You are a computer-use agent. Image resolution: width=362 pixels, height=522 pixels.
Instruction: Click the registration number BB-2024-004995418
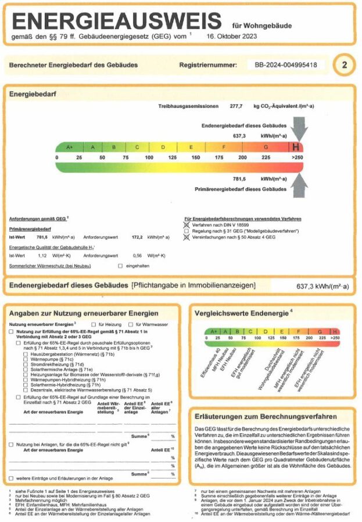pos(286,66)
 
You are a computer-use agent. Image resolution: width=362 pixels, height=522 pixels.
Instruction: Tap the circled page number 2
pos(344,65)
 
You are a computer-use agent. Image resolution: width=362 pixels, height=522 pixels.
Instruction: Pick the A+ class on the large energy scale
pos(70,147)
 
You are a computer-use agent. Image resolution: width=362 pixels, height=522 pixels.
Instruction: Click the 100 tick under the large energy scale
pos(149,158)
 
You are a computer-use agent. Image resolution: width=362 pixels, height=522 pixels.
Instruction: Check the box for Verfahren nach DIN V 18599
pos(187,224)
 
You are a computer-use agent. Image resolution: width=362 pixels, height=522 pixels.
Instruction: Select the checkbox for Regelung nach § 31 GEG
pos(187,231)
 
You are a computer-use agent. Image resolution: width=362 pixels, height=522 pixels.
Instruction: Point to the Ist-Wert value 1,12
pos(42,255)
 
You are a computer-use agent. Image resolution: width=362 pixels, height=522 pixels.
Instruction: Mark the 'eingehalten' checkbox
pos(120,266)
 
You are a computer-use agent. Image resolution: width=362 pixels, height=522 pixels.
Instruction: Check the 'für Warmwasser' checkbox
pos(131,324)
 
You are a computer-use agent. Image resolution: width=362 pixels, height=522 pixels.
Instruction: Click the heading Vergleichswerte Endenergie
pos(243,314)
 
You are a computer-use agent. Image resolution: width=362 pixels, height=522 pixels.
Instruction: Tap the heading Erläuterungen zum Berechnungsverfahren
pos(266,416)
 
